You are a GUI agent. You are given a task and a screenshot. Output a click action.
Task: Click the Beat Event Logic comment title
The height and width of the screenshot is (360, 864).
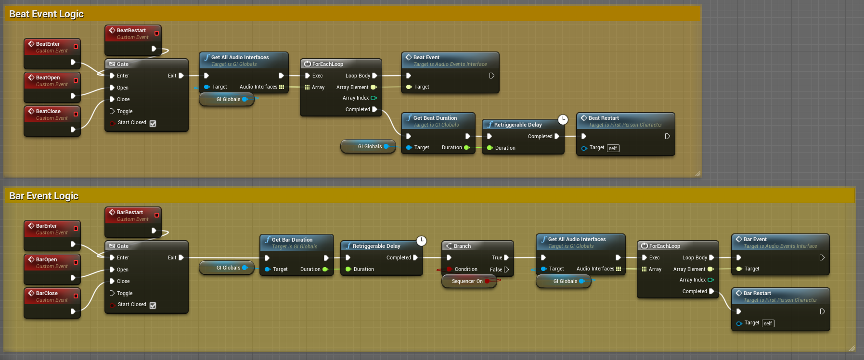(x=47, y=14)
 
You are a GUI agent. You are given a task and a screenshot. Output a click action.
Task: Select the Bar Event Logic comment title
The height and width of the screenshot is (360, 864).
(x=44, y=196)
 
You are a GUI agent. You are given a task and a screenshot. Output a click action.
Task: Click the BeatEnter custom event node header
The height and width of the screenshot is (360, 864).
(x=48, y=44)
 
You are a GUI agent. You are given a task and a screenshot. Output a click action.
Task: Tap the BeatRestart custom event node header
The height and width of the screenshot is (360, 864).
(x=131, y=30)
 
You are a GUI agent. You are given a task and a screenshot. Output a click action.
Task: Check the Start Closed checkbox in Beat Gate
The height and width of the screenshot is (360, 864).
(x=153, y=123)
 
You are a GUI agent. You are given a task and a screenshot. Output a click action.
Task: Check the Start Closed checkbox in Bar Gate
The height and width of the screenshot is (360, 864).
(x=153, y=305)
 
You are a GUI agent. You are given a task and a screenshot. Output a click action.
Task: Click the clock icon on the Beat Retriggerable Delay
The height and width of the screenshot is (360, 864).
(x=563, y=119)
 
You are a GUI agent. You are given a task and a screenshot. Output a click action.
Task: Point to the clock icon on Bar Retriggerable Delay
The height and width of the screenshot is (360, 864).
(x=421, y=241)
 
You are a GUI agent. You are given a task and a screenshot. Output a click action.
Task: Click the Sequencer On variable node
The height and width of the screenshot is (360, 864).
(x=467, y=281)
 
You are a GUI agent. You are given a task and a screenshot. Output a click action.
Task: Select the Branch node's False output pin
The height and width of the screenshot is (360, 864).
(x=506, y=270)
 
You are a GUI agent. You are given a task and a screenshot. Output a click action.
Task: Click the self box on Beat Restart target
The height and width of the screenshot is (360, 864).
(x=613, y=148)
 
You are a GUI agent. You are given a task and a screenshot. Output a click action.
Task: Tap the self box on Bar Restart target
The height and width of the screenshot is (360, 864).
(x=768, y=323)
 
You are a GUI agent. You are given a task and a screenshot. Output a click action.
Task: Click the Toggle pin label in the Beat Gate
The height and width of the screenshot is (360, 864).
(x=125, y=111)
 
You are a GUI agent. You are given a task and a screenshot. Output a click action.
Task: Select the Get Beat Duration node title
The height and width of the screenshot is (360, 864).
(x=435, y=118)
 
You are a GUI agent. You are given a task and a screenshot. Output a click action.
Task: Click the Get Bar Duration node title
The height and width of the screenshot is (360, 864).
(x=292, y=240)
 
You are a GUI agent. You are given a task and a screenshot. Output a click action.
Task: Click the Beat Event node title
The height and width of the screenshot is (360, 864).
(x=426, y=57)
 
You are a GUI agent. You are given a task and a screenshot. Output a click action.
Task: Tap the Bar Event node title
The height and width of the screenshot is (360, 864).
(x=755, y=239)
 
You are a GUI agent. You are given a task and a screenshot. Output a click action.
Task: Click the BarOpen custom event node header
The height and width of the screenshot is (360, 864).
(x=47, y=259)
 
